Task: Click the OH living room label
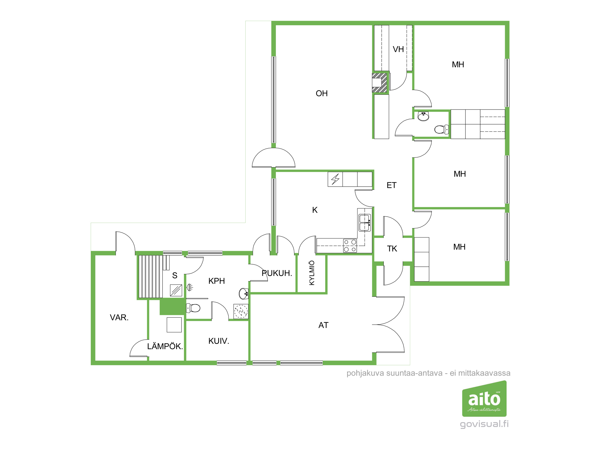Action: [322, 93]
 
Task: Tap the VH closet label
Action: [398, 49]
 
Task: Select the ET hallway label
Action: [392, 185]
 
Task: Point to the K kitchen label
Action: [315, 210]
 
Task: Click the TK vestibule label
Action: [392, 248]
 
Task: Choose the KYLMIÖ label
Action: [312, 273]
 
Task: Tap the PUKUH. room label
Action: [277, 273]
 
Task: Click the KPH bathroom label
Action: [217, 281]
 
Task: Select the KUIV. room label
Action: [219, 341]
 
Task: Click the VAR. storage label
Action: [119, 317]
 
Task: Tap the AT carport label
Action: [323, 325]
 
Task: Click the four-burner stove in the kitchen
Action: [350, 246]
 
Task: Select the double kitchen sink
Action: [365, 223]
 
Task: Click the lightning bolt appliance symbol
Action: [335, 179]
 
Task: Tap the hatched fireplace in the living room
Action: [380, 82]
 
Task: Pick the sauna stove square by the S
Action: [176, 290]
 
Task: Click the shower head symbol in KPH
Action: [190, 287]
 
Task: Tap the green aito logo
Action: [484, 398]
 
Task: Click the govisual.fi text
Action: [484, 424]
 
